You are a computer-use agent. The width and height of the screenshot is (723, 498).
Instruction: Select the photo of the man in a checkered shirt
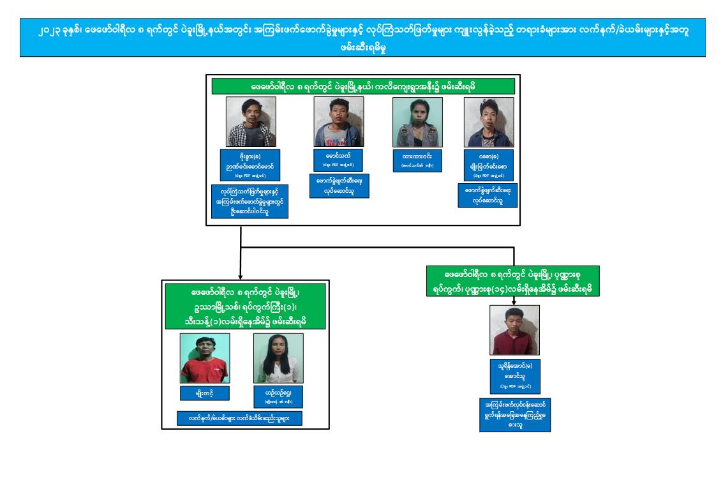pos(250,121)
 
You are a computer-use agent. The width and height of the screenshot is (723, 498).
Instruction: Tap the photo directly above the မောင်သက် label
pos(338,121)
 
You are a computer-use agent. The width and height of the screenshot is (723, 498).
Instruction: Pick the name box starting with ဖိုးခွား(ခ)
pos(250,165)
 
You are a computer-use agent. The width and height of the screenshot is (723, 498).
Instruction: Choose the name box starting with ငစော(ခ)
pos(489,165)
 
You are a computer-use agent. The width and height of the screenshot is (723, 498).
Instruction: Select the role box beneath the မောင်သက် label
pos(338,185)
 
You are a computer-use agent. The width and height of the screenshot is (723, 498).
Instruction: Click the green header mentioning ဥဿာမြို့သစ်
pos(245,305)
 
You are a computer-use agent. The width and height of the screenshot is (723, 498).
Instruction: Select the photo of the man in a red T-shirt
pos(205,358)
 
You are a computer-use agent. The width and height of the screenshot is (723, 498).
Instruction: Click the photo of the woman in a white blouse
pos(278,358)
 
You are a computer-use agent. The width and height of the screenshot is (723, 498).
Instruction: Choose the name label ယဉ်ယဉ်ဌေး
pos(278,396)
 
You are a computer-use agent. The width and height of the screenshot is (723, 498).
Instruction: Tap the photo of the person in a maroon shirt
pos(514,330)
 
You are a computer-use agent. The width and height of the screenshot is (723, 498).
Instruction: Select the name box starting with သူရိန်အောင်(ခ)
pos(514,377)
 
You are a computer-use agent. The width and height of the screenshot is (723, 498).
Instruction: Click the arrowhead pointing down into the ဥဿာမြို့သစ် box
pos(241,276)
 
